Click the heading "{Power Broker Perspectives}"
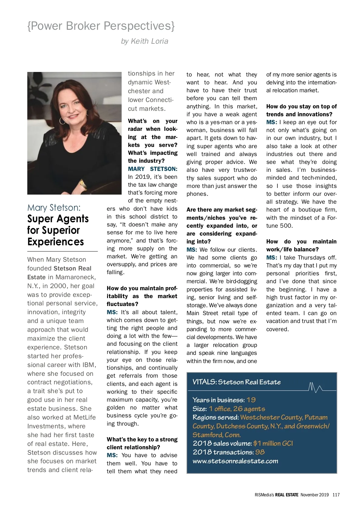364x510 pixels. tap(101, 26)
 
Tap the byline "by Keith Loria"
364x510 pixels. tap(144, 41)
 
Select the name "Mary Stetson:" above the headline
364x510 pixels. tap(54, 208)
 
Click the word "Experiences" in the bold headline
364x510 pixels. tap(56, 242)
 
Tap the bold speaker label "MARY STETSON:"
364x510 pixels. tap(153, 169)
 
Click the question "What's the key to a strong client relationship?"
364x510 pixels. tap(142, 443)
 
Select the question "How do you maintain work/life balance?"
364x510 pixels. tap(301, 246)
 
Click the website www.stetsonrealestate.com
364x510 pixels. tap(235, 461)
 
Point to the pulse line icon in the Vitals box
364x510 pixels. tap(315, 387)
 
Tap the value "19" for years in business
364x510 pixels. tap(251, 400)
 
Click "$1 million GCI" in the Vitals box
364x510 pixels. tap(273, 444)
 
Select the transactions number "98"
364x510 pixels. tap(260, 452)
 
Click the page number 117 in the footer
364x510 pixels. tap(336, 495)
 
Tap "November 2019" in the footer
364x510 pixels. tap(315, 495)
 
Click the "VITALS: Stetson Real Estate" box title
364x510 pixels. tap(237, 382)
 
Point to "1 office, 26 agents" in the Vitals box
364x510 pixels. tap(237, 409)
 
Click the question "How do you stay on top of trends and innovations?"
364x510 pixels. tap(301, 110)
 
